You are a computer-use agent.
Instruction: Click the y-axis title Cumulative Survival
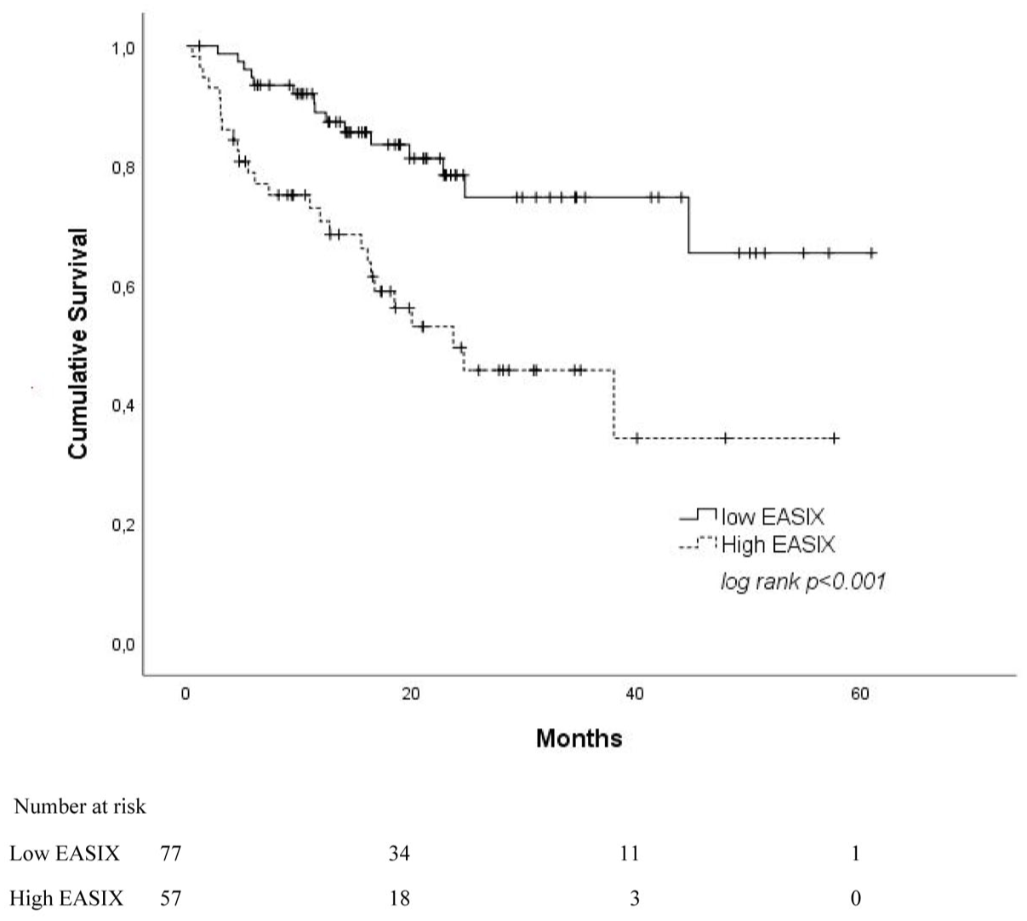[x=78, y=344]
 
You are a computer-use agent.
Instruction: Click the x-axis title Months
[x=579, y=737]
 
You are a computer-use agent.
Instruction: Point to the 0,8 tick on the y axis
[x=124, y=168]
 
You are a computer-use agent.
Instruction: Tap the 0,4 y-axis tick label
[x=124, y=406]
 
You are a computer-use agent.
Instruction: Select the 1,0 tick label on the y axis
[x=124, y=48]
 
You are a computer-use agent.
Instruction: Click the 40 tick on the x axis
[x=635, y=694]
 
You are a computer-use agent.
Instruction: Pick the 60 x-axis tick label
[x=859, y=694]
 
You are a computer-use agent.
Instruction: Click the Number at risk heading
[x=79, y=807]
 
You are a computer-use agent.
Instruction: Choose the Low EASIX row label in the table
[x=65, y=854]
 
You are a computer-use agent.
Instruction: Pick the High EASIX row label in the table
[x=66, y=898]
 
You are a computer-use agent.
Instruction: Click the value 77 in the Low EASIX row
[x=170, y=854]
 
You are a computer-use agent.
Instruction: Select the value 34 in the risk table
[x=399, y=854]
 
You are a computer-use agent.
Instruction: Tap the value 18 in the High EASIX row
[x=399, y=898]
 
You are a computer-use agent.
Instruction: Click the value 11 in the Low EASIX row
[x=630, y=854]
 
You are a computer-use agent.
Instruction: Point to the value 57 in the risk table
[x=170, y=898]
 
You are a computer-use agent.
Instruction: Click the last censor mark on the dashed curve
[x=835, y=438]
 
